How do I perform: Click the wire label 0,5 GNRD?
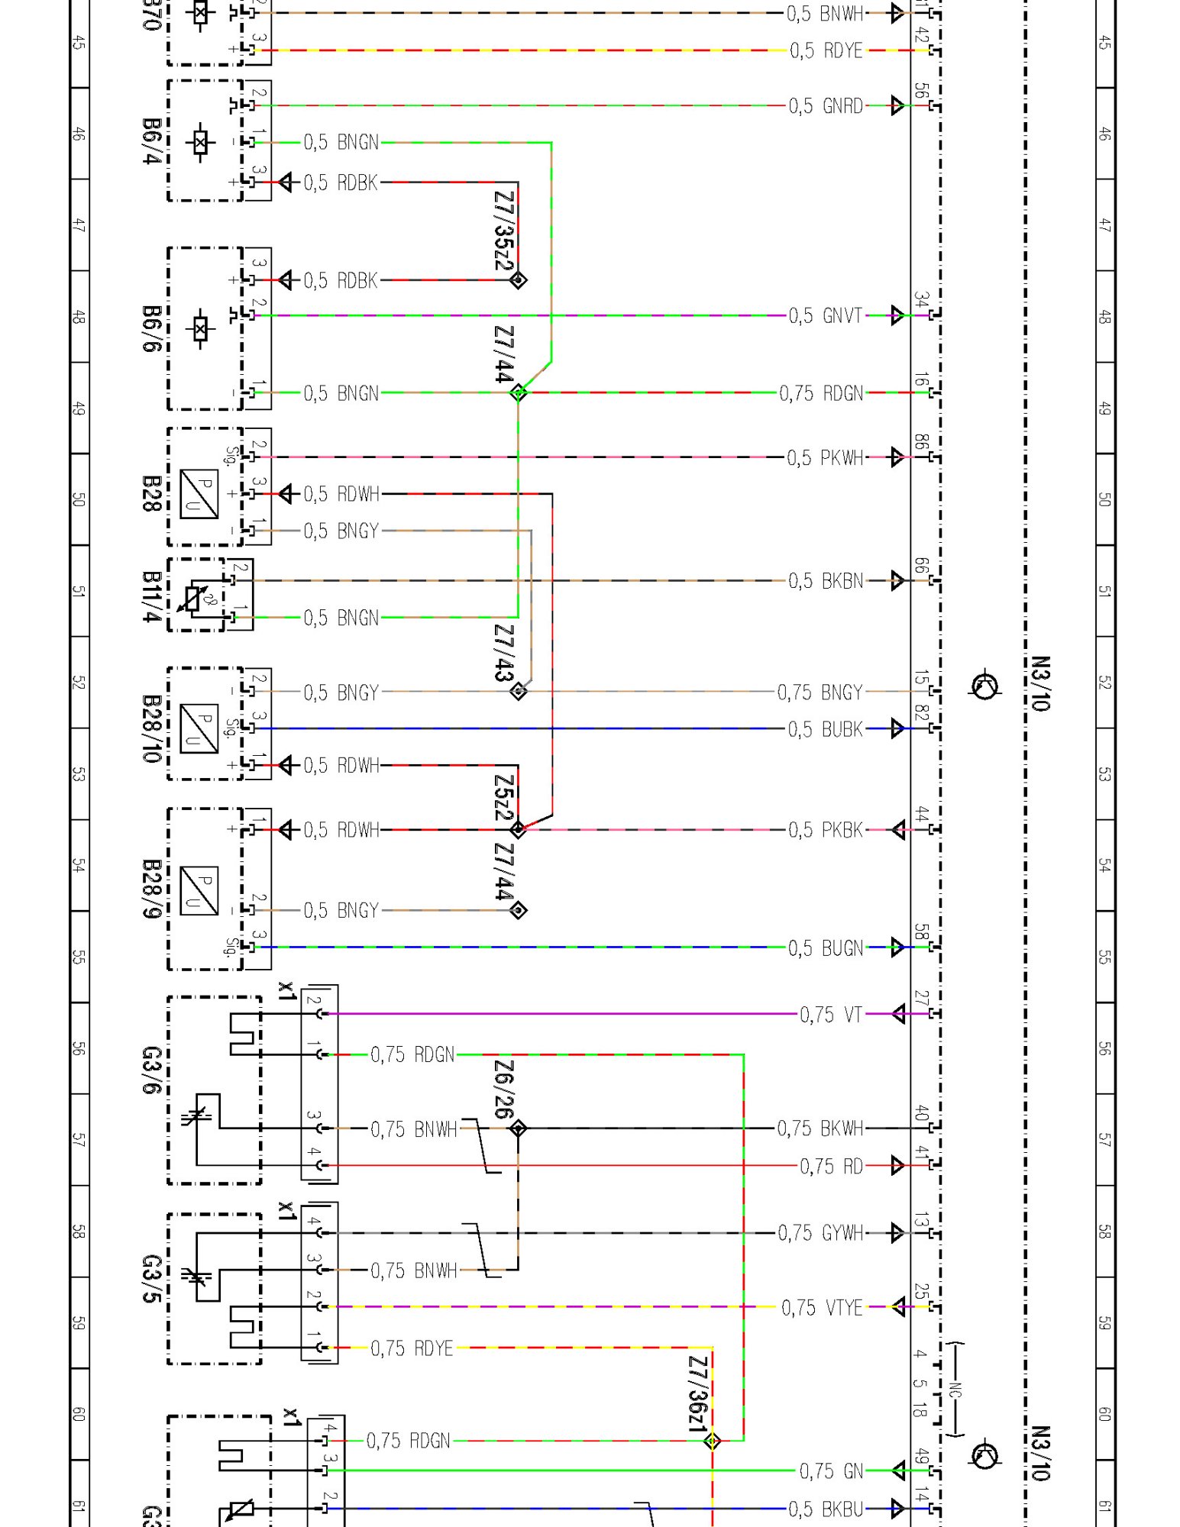(x=826, y=105)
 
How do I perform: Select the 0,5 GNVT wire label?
(x=825, y=315)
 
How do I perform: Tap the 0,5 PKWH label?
(x=825, y=458)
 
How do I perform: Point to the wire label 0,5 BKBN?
(x=826, y=581)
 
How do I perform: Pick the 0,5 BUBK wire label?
(x=826, y=729)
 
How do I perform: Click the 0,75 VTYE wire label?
(x=822, y=1308)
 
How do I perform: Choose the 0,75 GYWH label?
(x=820, y=1233)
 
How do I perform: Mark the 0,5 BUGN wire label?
(x=826, y=948)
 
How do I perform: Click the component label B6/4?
(x=152, y=141)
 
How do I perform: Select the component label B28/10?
(x=152, y=728)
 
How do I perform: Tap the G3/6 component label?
(x=152, y=1070)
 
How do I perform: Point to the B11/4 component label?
(x=152, y=596)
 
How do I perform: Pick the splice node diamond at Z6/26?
(x=519, y=1128)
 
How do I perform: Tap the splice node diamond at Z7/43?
(x=519, y=691)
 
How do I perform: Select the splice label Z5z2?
(x=504, y=798)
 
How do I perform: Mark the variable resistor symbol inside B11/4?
(x=193, y=598)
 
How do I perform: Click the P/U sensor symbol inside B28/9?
(x=199, y=890)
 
